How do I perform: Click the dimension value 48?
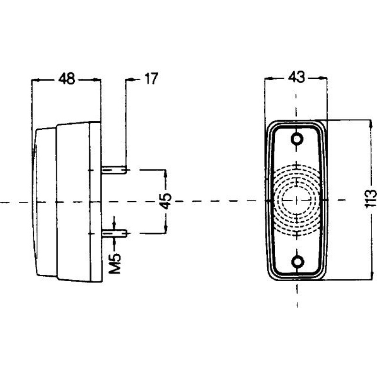[67, 79]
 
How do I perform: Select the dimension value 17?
[151, 78]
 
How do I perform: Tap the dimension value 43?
[296, 77]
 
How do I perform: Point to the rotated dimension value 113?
[370, 199]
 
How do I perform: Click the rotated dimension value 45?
[166, 201]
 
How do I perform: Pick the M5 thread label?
[115, 263]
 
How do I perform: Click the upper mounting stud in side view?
[114, 170]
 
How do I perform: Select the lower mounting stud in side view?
[114, 233]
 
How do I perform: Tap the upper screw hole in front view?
[297, 139]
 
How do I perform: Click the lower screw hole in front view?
[298, 262]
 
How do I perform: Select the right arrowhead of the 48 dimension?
[97, 79]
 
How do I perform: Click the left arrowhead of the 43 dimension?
[268, 78]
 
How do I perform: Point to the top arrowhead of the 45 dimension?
[166, 174]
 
